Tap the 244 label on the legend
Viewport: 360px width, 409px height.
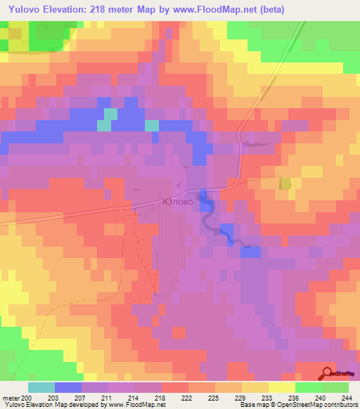(348, 398)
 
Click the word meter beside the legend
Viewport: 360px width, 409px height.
(11, 398)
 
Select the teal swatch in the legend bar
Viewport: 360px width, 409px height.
(41, 387)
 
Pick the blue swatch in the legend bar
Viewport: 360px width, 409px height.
(68, 387)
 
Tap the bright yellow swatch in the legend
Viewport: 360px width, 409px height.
(282, 387)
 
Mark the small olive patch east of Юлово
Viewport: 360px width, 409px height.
(285, 183)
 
